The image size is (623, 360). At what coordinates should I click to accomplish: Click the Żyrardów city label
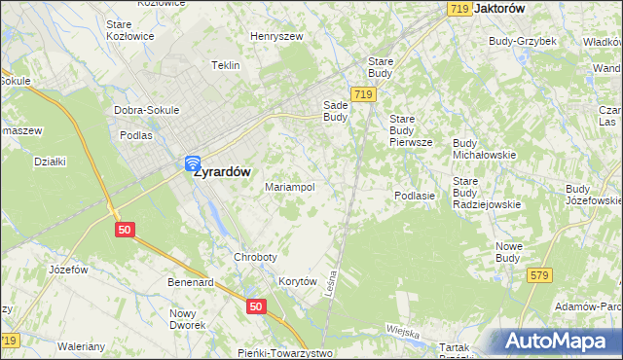pyautogui.click(x=221, y=171)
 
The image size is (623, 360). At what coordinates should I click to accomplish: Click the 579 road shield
pyautogui.click(x=540, y=276)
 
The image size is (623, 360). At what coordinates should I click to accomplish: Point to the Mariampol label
pyautogui.click(x=289, y=187)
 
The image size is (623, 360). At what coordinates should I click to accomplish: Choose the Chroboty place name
pyautogui.click(x=255, y=257)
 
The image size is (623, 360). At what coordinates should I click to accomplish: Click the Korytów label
pyautogui.click(x=299, y=281)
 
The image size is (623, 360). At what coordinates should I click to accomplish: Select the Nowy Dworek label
pyautogui.click(x=184, y=319)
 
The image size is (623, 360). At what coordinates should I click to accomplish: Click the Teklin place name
pyautogui.click(x=225, y=65)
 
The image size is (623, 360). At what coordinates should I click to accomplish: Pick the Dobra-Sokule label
pyautogui.click(x=146, y=110)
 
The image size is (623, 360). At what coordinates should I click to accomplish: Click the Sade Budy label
pyautogui.click(x=335, y=111)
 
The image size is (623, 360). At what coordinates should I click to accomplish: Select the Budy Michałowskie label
pyautogui.click(x=484, y=148)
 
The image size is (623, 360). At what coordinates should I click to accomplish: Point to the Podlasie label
pyautogui.click(x=414, y=196)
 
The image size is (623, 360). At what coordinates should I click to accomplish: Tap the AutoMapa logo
pyautogui.click(x=558, y=341)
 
